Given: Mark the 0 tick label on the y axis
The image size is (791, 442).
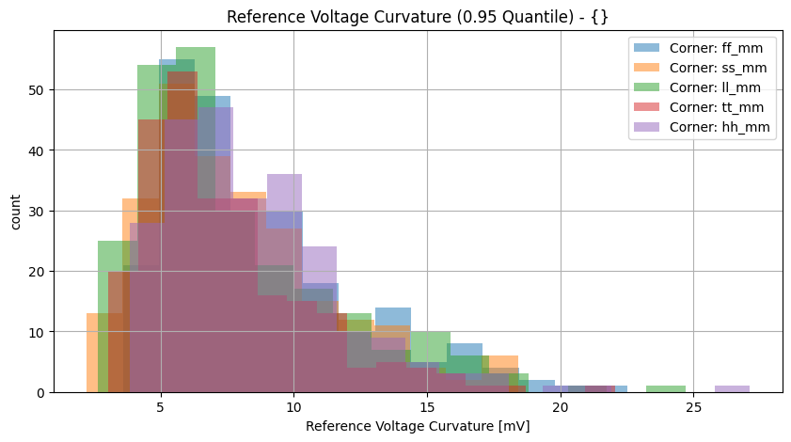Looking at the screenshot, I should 34,393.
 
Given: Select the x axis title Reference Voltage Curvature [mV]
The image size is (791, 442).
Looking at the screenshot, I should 417,426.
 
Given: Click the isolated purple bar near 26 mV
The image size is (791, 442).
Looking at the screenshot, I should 732,388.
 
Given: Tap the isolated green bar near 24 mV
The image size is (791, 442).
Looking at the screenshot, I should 665,388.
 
